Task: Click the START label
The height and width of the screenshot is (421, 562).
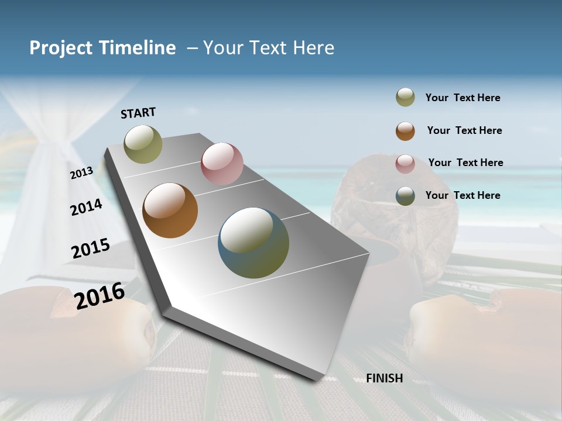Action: point(138,113)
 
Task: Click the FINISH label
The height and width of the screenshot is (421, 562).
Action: point(385,378)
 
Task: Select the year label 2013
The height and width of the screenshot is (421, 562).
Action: point(82,172)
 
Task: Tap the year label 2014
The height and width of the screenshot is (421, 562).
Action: point(86,207)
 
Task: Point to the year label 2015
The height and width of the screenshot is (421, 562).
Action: point(91,249)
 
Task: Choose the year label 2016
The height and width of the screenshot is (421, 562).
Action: point(100,296)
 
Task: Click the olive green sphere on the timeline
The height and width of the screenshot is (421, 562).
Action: point(143,144)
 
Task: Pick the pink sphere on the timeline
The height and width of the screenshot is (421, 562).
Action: point(222,164)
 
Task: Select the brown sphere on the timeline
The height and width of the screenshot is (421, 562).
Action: point(170,210)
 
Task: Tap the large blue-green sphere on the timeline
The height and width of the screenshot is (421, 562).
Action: point(253,243)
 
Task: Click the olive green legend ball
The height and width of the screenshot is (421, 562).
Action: point(405,98)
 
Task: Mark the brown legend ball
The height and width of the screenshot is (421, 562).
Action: point(405,131)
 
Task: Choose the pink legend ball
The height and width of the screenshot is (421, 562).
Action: point(405,164)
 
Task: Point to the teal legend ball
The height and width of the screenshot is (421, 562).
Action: point(405,196)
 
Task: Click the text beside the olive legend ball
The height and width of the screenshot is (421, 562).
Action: point(462,98)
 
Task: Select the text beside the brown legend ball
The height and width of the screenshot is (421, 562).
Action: point(464,130)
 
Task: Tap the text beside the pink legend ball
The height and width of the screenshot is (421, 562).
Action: point(465,163)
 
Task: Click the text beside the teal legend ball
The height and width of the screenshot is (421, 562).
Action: point(462,195)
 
